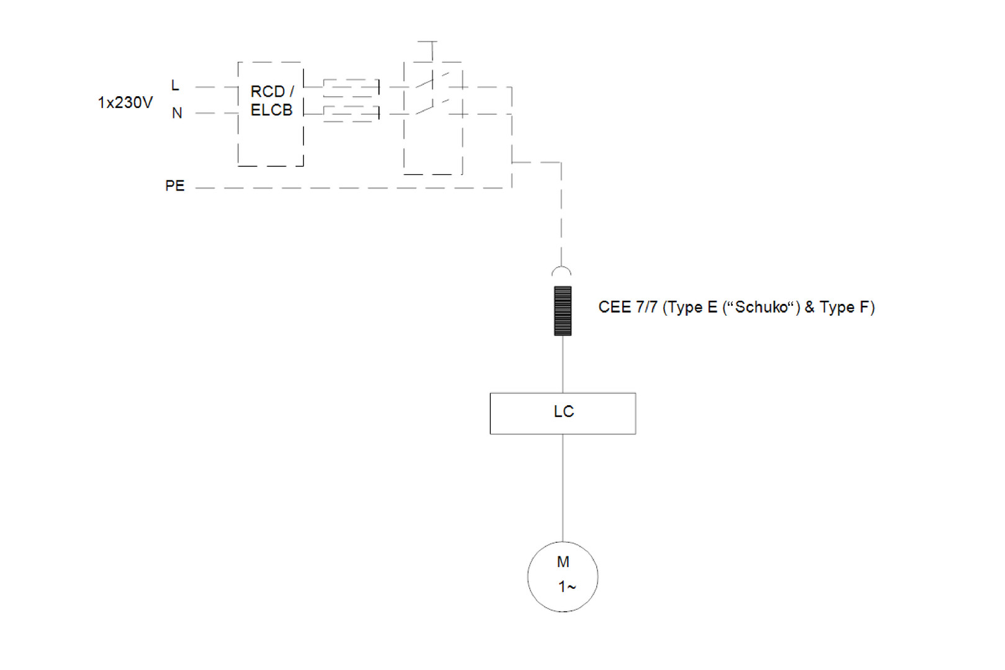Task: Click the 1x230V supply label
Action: click(125, 102)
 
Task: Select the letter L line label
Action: click(175, 85)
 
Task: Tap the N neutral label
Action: click(177, 113)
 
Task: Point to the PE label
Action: click(174, 185)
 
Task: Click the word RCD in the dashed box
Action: click(267, 92)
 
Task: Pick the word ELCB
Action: click(271, 110)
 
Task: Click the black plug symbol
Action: click(563, 311)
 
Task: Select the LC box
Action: click(563, 413)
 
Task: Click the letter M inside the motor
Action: click(563, 562)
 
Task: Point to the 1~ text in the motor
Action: click(566, 586)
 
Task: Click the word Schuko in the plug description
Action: click(761, 307)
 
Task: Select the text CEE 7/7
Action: click(627, 307)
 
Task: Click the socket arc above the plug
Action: click(561, 271)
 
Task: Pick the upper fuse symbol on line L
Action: click(351, 87)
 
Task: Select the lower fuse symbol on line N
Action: click(351, 114)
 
